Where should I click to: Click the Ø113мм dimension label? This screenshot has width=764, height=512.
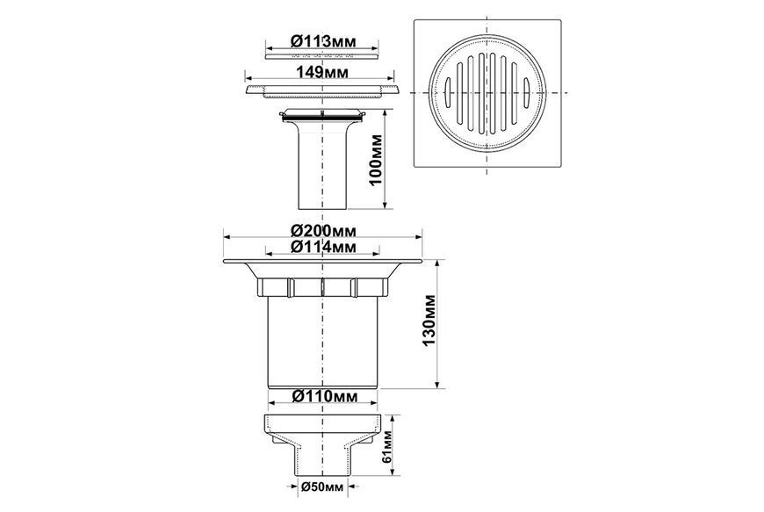click(322, 41)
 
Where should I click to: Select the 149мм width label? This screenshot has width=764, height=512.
click(322, 72)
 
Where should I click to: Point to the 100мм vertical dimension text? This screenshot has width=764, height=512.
click(376, 159)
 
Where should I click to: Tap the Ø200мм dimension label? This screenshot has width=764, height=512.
click(323, 229)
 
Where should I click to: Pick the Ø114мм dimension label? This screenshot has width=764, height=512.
click(323, 247)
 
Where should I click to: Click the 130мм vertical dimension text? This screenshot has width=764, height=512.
click(429, 320)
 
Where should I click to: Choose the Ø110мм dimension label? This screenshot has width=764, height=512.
click(325, 396)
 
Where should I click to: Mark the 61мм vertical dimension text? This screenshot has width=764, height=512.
click(387, 447)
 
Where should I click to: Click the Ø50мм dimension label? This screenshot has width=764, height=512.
click(322, 487)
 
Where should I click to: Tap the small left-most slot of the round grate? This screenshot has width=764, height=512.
click(449, 92)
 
